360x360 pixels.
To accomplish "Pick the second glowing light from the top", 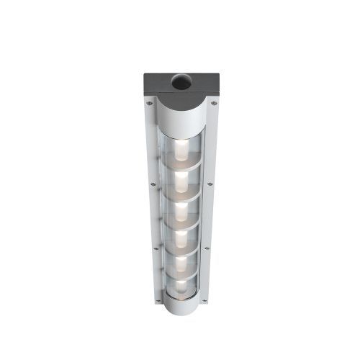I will [181, 179].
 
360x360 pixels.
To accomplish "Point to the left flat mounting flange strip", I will [151, 216].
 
